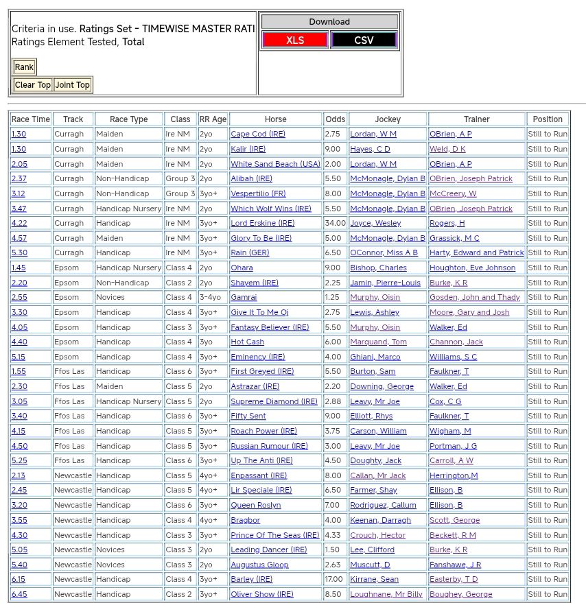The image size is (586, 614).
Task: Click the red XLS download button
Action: [295, 40]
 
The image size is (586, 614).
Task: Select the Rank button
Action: [24, 67]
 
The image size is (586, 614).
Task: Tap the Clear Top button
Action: [33, 85]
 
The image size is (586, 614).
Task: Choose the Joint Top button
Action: [72, 85]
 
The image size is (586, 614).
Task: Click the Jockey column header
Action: [388, 119]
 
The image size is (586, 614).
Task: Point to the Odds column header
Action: [335, 119]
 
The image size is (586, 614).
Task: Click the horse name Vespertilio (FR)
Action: [258, 193]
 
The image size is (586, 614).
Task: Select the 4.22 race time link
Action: [19, 223]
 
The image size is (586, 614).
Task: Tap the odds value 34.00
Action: [336, 223]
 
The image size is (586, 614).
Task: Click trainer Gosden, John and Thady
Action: [474, 297]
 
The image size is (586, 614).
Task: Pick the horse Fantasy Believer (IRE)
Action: [270, 327]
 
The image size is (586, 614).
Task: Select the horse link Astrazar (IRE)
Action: [255, 386]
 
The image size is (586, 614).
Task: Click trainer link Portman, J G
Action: [453, 446]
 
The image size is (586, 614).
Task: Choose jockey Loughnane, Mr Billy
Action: [386, 594]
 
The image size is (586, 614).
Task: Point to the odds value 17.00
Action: [334, 579]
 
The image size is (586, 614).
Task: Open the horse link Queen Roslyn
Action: [255, 505]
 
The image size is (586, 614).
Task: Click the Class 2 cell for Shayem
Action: [178, 283]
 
